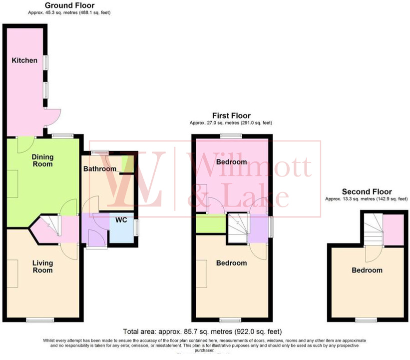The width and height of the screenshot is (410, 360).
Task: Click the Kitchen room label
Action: tap(24, 60)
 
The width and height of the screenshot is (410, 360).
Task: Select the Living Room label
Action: tap(42, 266)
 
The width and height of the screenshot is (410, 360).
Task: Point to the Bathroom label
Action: tap(99, 169)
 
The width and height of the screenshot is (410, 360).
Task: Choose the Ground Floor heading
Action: tap(69, 5)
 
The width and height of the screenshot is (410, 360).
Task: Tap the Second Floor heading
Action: tap(367, 191)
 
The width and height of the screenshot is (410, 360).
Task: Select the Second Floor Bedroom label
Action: tap(367, 270)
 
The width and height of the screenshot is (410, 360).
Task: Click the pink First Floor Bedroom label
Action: tap(231, 162)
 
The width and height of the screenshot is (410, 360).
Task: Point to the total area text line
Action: tap(202, 331)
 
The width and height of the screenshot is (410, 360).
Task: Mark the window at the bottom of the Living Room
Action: tap(37, 320)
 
